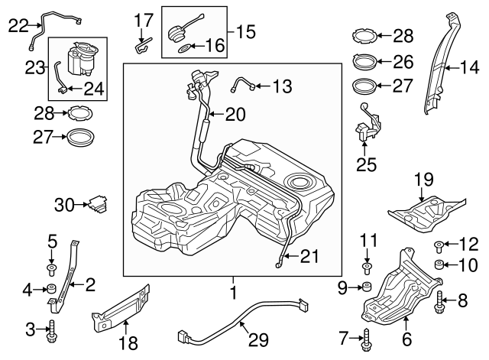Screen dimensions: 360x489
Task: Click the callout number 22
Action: coord(17,24)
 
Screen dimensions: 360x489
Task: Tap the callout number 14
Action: coord(468,67)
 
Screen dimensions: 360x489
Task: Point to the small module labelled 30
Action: coord(97,204)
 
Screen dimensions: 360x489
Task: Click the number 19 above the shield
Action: coord(423,179)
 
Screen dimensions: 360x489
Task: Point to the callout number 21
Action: coord(309,256)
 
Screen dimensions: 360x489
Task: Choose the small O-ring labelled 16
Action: coord(184,48)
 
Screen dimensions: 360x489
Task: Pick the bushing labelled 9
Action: coord(367,289)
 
